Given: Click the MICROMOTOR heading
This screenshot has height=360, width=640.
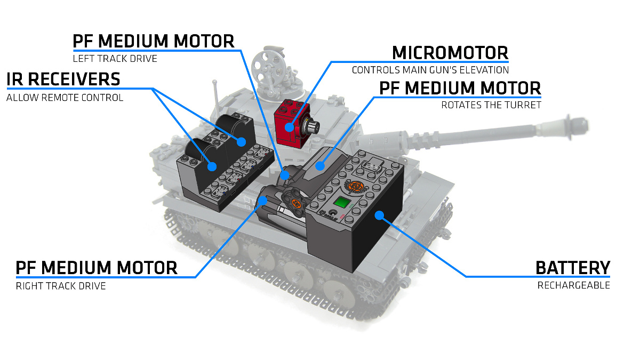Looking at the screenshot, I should click(450, 53).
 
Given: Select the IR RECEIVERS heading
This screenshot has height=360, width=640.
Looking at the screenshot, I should click(63, 79).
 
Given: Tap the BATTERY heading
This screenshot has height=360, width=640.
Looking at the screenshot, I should click(573, 268).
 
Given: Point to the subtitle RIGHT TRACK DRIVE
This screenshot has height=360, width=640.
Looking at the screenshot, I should click(61, 286).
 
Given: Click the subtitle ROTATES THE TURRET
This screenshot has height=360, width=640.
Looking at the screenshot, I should click(491, 105).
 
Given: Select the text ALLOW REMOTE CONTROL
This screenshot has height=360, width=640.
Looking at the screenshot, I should click(65, 98).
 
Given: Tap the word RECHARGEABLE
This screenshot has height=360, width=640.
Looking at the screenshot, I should click(573, 285).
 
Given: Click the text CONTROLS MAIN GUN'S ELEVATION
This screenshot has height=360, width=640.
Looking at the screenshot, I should click(430, 70).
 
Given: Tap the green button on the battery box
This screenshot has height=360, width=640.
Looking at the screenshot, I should click(341, 203).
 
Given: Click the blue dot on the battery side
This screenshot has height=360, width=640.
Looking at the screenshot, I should click(379, 215).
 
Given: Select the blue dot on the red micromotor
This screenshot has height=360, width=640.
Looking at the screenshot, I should click(289, 127).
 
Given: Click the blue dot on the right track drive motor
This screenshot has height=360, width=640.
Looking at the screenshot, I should click(262, 200).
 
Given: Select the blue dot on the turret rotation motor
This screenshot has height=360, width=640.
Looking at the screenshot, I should click(319, 165).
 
